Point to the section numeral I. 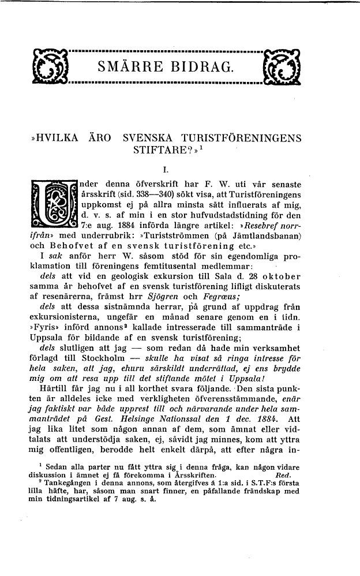166,170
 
